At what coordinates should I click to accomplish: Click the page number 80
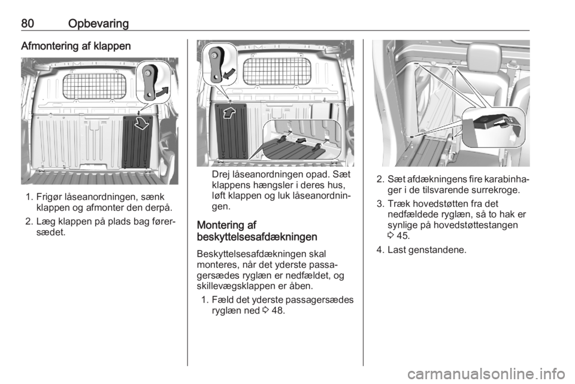(28, 23)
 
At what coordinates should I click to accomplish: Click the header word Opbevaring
(98, 24)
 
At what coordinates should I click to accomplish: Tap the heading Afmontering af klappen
(76, 46)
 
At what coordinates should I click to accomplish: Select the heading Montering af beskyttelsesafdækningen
(257, 231)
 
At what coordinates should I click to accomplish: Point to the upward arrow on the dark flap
(229, 112)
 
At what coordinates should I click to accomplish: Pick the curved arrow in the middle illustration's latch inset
(229, 73)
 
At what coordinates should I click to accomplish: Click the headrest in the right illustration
(484, 55)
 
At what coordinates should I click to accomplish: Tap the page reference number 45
(402, 236)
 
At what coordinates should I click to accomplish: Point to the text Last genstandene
(427, 251)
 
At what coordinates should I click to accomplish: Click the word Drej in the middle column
(221, 175)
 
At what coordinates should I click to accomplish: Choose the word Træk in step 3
(399, 203)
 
